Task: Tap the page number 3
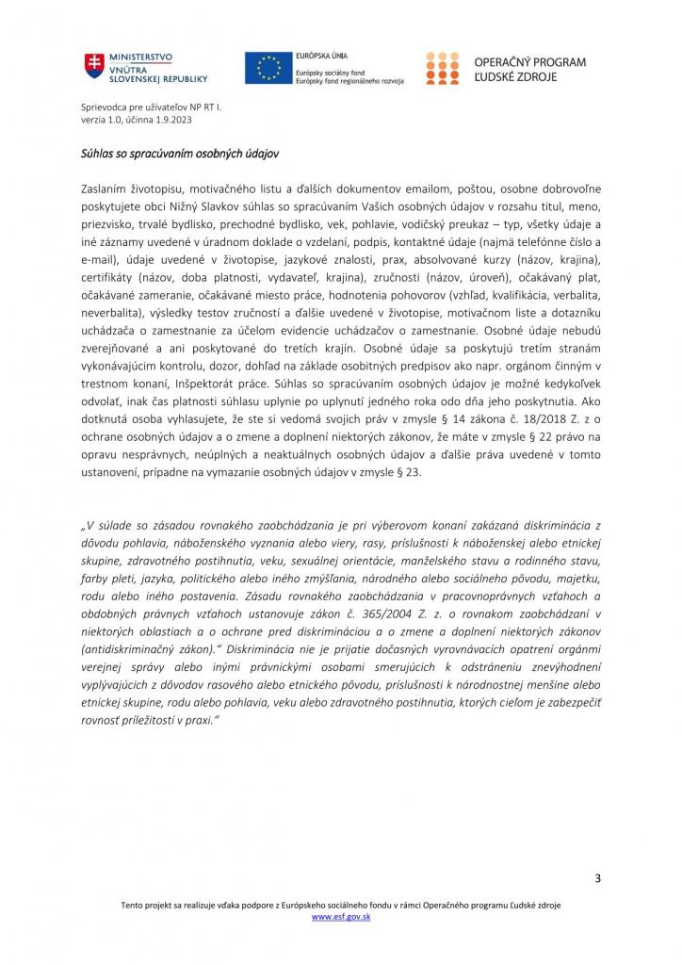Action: [597, 879]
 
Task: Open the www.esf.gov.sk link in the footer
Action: [340, 916]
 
